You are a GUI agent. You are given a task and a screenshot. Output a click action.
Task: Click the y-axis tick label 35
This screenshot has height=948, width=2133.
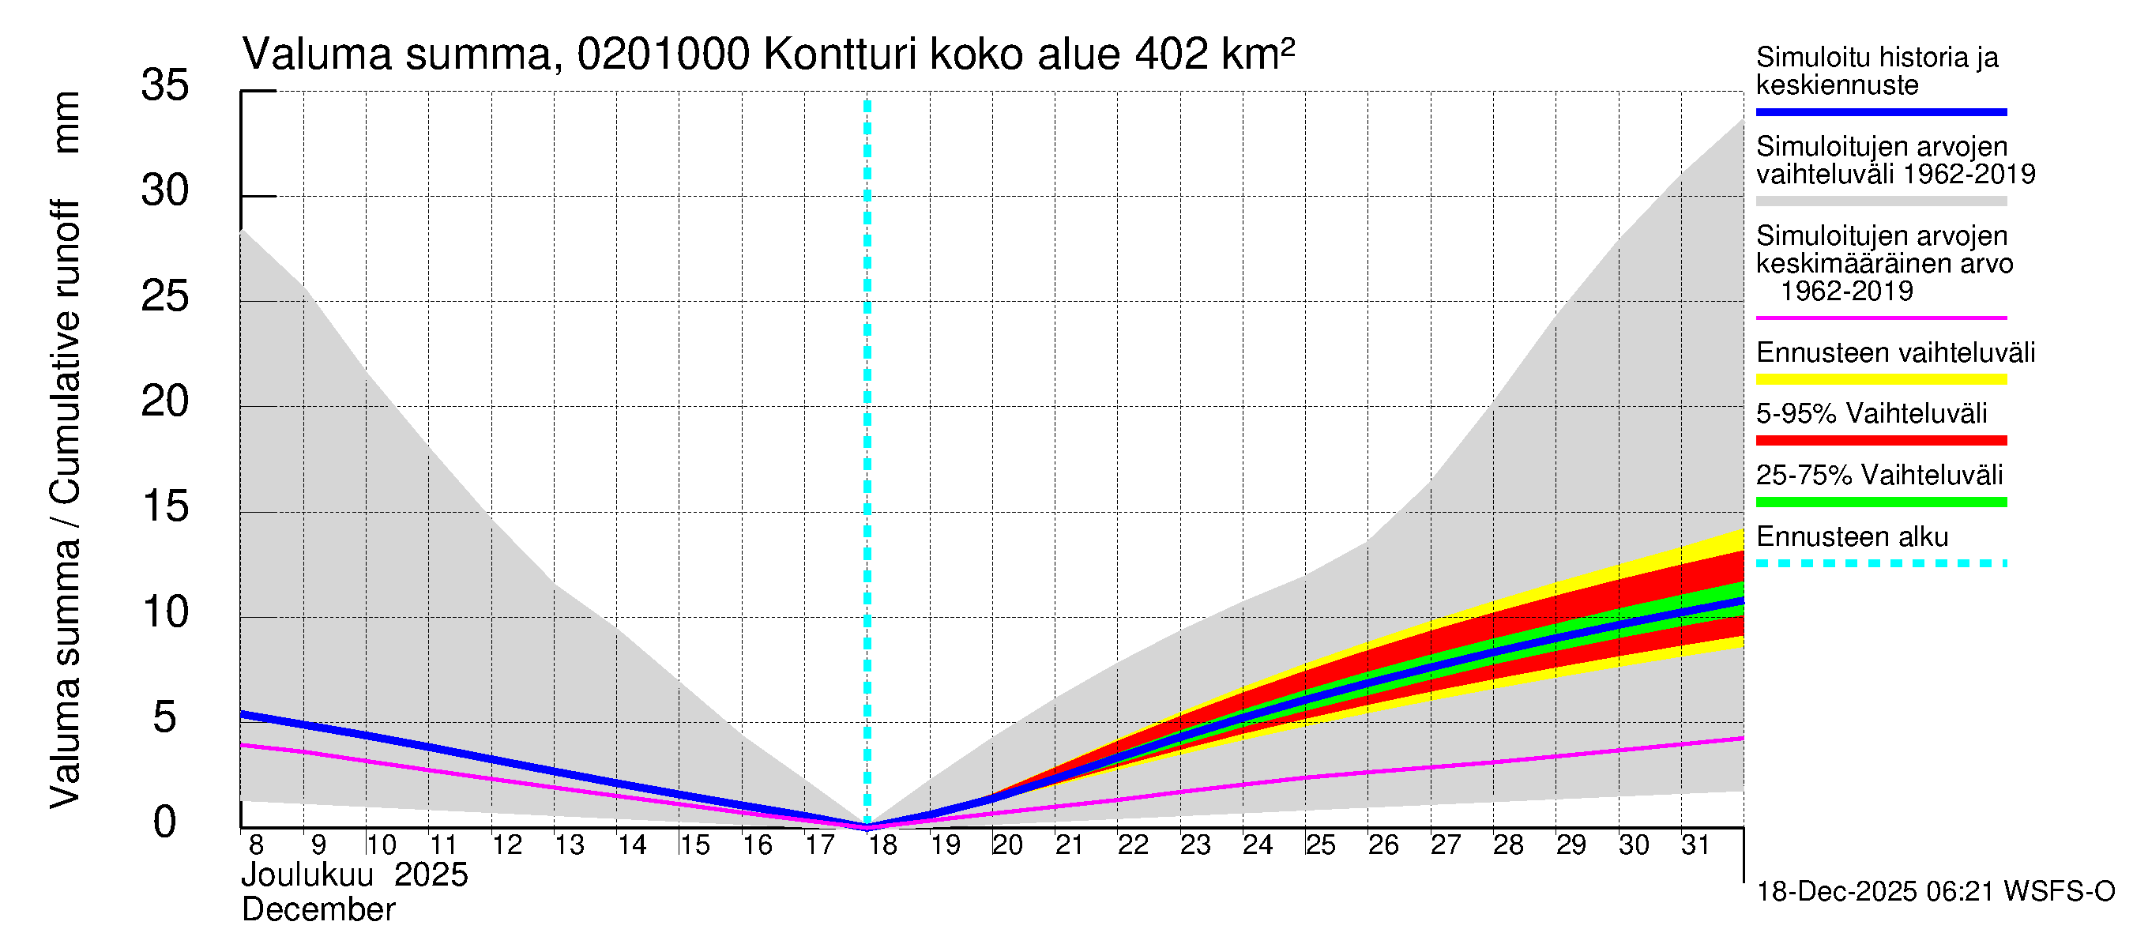165,85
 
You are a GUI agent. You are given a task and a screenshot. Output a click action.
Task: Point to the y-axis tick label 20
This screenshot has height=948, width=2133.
165,401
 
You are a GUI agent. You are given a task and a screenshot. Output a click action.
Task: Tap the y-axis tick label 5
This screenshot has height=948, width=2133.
165,717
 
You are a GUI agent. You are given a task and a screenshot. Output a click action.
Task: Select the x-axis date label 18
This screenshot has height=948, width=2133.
882,845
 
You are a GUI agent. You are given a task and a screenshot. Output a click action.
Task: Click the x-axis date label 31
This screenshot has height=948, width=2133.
1695,845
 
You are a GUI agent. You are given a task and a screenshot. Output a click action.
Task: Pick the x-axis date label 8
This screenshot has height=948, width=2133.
256,845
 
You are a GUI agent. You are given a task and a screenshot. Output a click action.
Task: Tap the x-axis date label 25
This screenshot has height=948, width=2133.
1320,845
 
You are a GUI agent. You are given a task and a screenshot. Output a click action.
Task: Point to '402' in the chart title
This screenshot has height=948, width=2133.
1171,55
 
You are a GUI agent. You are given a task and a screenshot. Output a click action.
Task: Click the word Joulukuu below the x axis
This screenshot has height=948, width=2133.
307,875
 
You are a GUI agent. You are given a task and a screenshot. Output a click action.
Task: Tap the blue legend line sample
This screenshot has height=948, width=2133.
1880,111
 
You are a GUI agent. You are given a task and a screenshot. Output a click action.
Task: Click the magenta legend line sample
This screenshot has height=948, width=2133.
1880,318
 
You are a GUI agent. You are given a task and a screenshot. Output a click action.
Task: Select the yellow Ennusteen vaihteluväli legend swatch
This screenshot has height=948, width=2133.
1880,380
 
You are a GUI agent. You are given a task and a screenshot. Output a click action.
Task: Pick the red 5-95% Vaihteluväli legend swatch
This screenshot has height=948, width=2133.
1880,441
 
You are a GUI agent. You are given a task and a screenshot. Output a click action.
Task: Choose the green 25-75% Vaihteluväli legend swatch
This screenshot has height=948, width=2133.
1880,502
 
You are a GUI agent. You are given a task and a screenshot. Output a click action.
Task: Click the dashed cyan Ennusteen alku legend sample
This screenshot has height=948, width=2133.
1880,564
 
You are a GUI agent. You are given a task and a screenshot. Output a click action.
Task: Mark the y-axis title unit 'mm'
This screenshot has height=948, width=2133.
66,122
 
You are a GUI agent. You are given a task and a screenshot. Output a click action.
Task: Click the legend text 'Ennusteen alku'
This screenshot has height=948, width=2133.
1853,536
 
